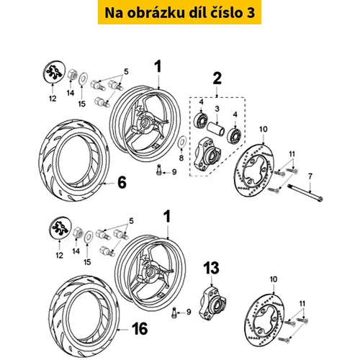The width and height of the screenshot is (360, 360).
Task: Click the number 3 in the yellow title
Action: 251,13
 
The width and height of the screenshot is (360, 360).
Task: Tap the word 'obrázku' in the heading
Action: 156,13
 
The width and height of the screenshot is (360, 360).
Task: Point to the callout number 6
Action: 122,183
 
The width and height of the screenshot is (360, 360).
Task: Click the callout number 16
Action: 140,328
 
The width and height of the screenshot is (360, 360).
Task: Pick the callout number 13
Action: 212,268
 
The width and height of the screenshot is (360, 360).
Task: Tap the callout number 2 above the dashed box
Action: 217,78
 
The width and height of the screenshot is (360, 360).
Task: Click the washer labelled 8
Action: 181,141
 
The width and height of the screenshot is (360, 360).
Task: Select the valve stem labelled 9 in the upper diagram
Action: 158,169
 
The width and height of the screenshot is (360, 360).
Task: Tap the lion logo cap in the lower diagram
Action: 61,228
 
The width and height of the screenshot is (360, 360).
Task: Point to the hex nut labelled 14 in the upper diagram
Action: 72,75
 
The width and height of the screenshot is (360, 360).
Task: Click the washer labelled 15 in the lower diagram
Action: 89,237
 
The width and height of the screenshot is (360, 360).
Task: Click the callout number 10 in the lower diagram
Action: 274,279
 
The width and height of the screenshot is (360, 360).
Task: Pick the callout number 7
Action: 310,176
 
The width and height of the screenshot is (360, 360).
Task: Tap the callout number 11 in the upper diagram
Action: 292,154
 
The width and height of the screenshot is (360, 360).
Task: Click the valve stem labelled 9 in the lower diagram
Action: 174,313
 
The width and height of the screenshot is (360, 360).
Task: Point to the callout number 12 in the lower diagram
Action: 59,256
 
